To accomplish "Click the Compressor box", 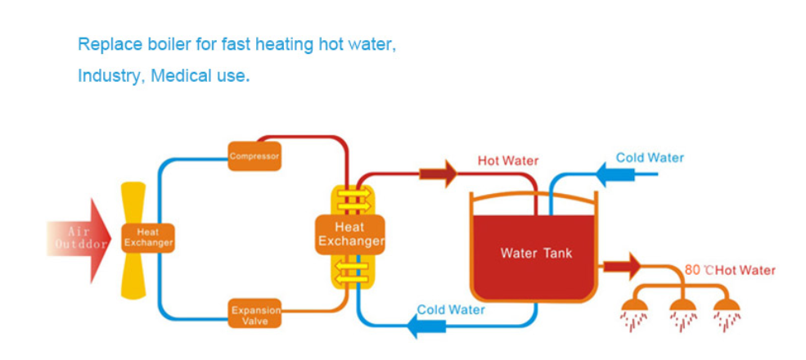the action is coord(254,155).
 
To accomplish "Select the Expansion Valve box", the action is coord(255,313).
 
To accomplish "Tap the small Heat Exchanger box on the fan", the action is coord(148,237).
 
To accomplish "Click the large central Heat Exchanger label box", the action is coord(349,235).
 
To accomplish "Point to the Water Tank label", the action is coord(536,253).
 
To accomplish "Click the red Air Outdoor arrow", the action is coord(79,241).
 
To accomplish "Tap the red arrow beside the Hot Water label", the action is coord(438,173).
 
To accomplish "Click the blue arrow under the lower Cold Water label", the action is coord(426,326).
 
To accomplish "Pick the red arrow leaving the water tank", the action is coord(622,267).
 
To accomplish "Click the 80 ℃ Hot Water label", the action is coord(730,271).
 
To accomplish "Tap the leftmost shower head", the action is coord(634,307).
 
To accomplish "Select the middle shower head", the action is coord(683,307).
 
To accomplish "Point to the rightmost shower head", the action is coord(727,307).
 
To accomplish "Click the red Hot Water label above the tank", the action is coord(508,161).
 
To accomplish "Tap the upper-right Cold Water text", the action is coord(651,157).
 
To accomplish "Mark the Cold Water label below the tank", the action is coord(451,310).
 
